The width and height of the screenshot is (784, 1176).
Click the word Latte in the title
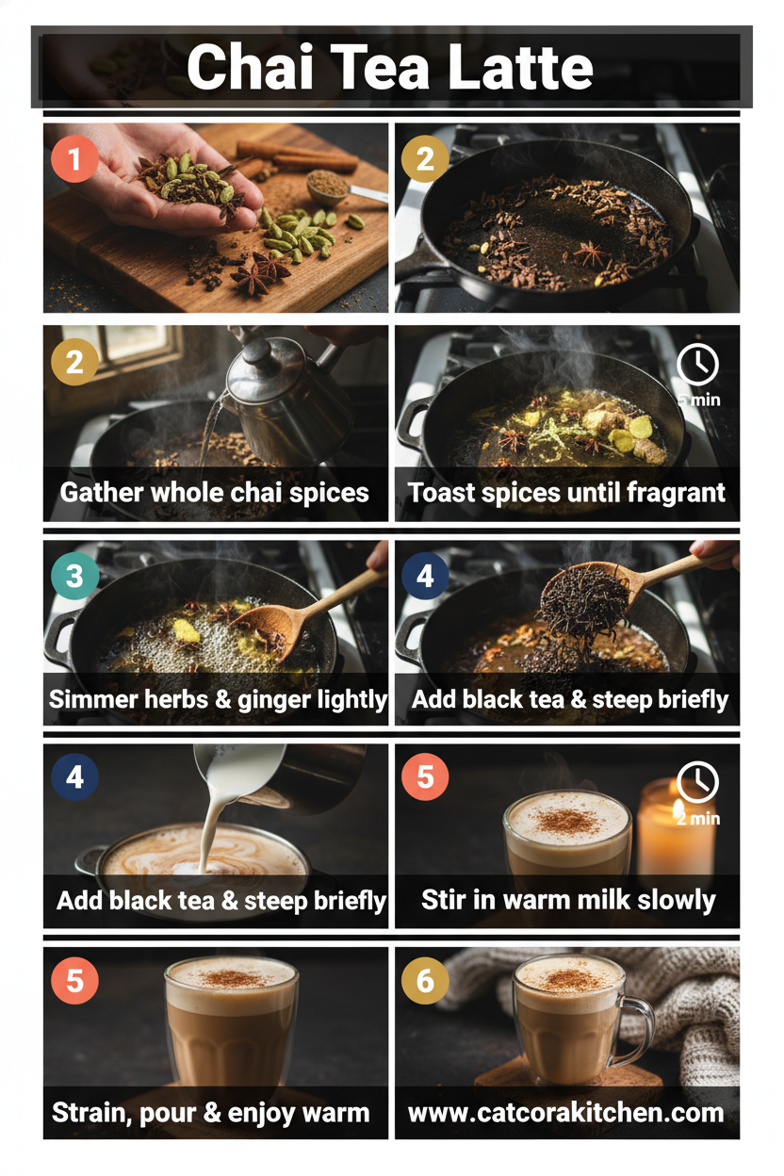coord(520,67)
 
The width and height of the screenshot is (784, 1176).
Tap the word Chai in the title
coord(250,67)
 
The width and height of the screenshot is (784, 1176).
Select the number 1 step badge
coord(74,158)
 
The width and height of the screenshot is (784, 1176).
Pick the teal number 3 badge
coord(74,576)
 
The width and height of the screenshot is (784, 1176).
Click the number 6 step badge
coord(425,980)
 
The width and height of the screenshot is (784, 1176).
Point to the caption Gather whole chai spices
coord(214,493)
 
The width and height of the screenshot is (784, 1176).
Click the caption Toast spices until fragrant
coord(566,493)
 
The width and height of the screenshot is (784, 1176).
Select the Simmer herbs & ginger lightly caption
coord(218,700)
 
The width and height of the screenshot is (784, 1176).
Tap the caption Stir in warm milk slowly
coord(568,900)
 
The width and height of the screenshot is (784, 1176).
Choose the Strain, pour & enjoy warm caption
coord(210,1113)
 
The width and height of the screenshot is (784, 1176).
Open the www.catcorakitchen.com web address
coord(566,1113)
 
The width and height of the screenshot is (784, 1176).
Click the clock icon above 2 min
coord(697,782)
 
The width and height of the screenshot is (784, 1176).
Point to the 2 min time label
coord(698,819)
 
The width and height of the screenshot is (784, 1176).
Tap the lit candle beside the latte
coord(677,828)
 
